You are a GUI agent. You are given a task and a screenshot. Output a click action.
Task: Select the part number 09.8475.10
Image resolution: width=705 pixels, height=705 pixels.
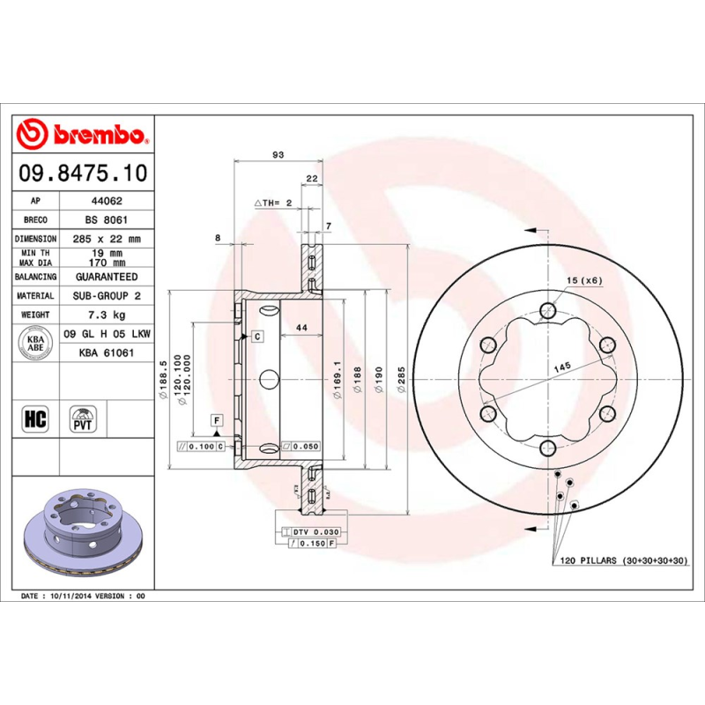click(x=82, y=172)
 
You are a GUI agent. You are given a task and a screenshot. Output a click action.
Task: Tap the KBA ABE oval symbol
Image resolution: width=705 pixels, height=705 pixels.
click(x=36, y=343)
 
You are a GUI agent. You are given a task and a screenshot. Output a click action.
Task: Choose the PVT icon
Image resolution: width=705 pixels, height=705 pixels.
click(x=82, y=418)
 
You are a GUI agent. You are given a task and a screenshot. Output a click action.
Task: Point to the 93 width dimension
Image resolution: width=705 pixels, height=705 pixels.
click(x=278, y=155)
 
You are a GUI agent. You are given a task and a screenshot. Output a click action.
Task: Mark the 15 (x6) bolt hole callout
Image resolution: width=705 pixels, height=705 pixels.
click(x=583, y=280)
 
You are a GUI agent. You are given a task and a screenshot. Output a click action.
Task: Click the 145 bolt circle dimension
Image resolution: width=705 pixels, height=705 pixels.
click(x=562, y=365)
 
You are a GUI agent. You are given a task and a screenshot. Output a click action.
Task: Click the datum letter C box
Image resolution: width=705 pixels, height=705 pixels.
click(x=256, y=336)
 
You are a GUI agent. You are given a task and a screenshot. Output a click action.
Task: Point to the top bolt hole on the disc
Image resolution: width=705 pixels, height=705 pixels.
click(x=548, y=309)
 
